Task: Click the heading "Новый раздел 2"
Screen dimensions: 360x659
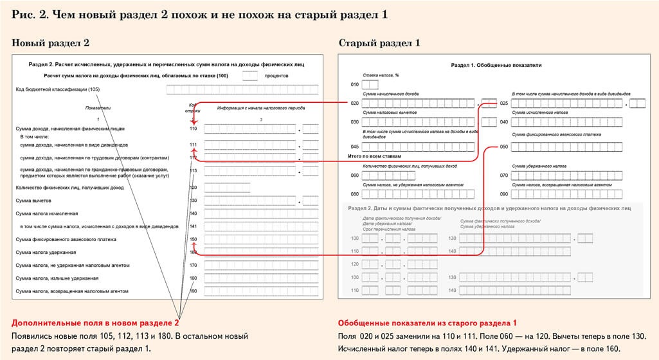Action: tap(51, 43)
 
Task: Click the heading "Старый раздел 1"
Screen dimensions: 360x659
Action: tap(379, 43)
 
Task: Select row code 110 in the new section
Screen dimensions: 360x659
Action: tap(194, 129)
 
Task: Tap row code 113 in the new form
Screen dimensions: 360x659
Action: tap(194, 171)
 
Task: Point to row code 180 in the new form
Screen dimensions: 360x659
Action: tap(194, 278)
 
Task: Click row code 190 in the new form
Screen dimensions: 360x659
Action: tap(194, 291)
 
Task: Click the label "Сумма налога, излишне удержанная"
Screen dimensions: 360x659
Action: tap(57, 278)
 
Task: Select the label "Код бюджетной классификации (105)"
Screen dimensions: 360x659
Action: tap(58, 89)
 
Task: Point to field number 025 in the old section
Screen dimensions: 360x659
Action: tap(504, 104)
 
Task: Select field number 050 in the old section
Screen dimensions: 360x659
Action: tap(504, 147)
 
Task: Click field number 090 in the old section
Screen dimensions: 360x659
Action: tap(504, 194)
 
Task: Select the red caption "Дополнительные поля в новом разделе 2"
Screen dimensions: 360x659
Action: tap(95, 322)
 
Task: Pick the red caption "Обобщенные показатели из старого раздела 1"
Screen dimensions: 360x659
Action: tap(428, 322)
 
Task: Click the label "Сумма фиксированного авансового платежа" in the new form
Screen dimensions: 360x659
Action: tap(66, 239)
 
